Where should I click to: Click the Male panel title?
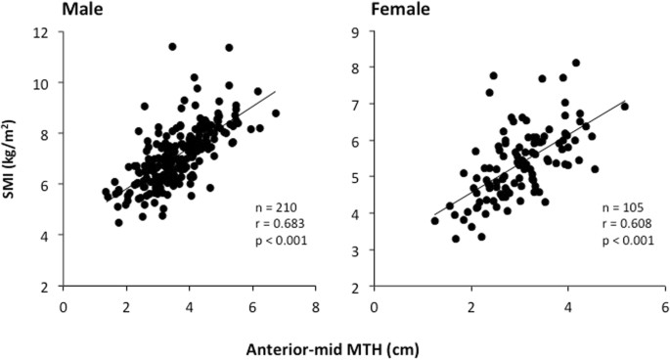click(x=85, y=12)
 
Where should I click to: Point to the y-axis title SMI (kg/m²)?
click(x=12, y=160)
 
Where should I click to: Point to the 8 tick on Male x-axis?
click(x=315, y=303)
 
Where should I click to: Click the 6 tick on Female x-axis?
click(x=665, y=303)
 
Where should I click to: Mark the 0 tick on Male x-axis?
click(x=64, y=303)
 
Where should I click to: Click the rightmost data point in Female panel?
click(x=624, y=106)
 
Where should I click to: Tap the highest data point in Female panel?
click(x=575, y=63)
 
